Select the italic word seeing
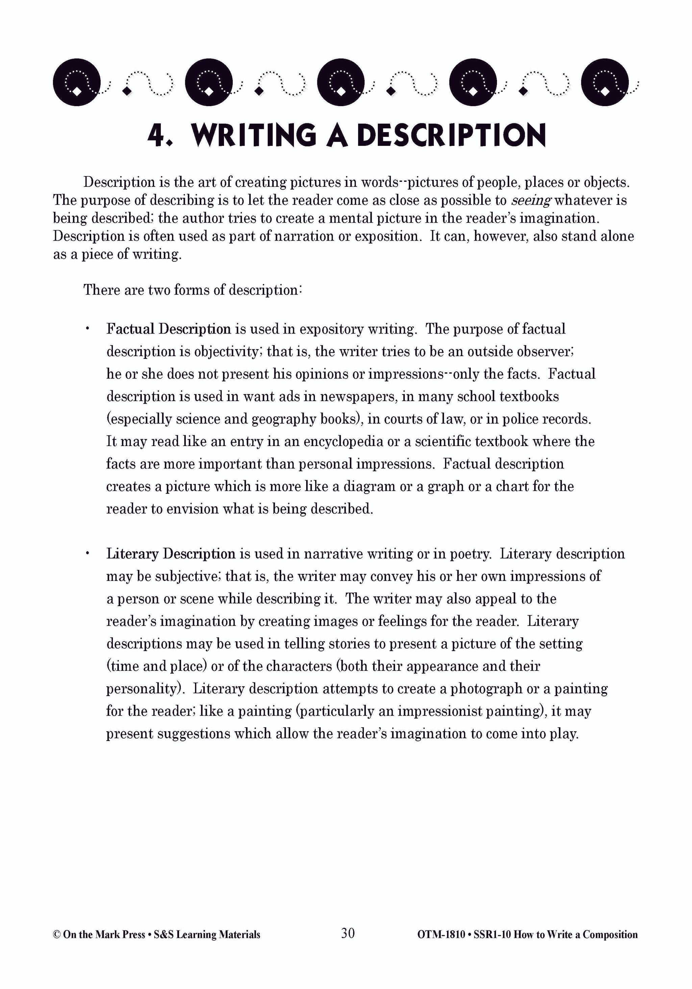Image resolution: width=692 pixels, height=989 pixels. click(531, 201)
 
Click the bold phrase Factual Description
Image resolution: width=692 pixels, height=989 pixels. click(169, 329)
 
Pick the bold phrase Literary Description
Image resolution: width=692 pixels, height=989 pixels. click(171, 554)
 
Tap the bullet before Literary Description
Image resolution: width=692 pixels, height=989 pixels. click(88, 553)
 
